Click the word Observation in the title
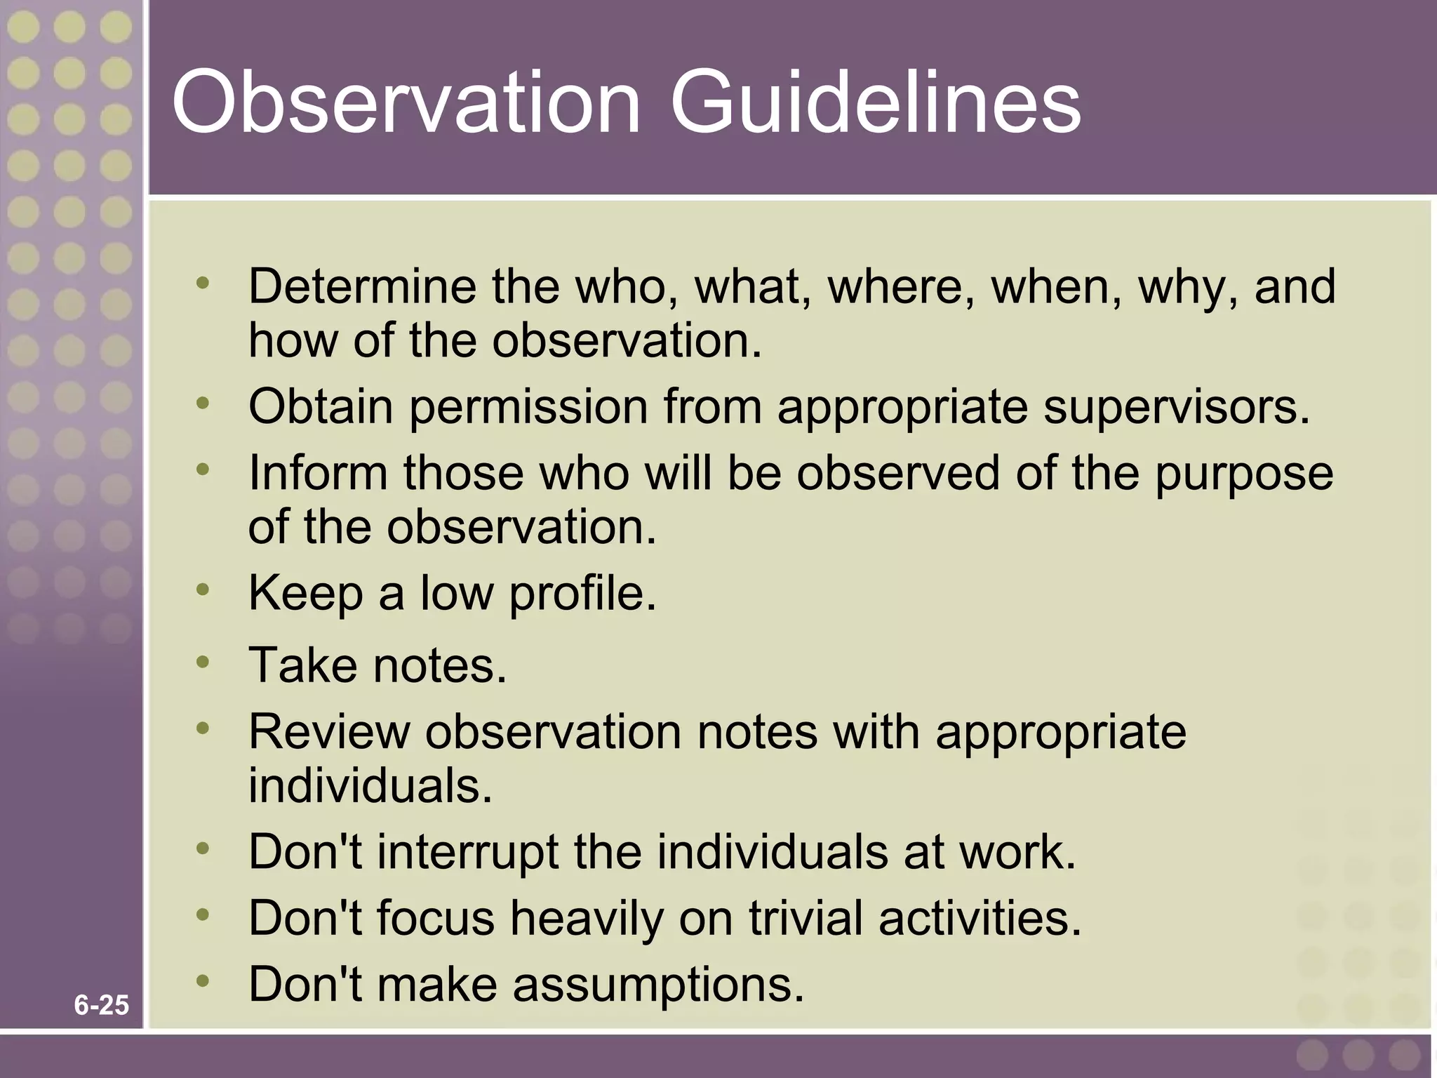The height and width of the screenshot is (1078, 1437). (406, 102)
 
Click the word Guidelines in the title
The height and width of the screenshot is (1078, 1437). (875, 102)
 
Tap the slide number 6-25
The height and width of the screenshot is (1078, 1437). (102, 1005)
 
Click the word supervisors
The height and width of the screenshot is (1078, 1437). (1176, 407)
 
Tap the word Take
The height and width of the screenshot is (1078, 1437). (302, 665)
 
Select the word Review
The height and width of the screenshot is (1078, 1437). (329, 732)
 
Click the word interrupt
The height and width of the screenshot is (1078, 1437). (467, 853)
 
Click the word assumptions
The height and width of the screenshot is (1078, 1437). (658, 985)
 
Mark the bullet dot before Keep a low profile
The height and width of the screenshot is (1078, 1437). (203, 589)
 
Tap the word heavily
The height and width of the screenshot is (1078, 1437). (586, 919)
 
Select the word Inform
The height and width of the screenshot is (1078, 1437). (318, 472)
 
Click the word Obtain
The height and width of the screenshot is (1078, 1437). (321, 407)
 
